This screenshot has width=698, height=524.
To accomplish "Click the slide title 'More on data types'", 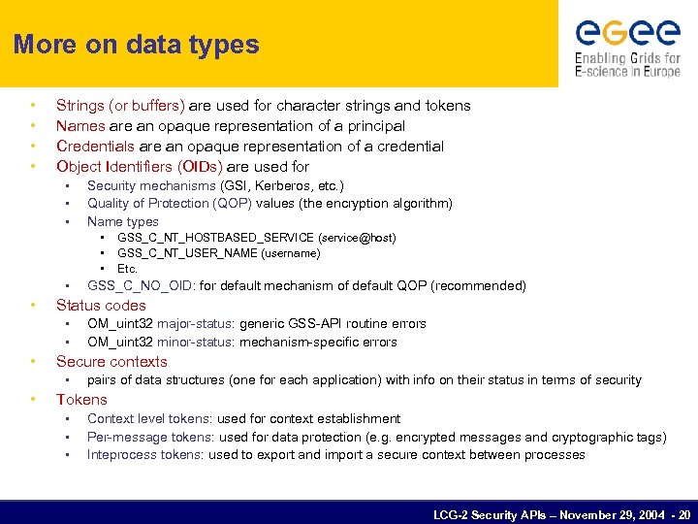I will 137,45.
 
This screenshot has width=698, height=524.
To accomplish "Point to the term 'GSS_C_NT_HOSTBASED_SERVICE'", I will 201,238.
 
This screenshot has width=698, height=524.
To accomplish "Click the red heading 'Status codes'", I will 101,306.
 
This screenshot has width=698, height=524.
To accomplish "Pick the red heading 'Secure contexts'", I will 111,362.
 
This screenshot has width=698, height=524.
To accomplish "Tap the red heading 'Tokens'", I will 81,400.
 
